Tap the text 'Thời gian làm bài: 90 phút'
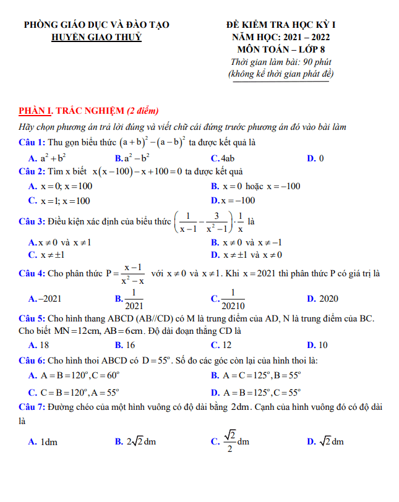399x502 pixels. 281,62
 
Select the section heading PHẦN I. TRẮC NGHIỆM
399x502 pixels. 72,111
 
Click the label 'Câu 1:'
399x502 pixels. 32,142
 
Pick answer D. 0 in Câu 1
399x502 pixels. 315,158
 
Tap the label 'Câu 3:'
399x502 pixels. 32,221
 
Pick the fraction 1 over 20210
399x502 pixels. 233,299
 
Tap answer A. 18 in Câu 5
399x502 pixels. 39,345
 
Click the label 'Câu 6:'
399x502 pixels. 32,360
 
